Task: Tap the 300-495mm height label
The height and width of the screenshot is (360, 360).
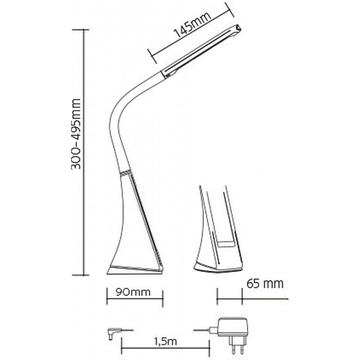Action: tap(76, 134)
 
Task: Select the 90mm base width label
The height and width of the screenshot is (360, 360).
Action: tap(133, 292)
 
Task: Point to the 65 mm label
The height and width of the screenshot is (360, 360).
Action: tap(265, 283)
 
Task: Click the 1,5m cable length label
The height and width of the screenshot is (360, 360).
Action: tap(165, 342)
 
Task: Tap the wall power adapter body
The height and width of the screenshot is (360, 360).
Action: tap(233, 327)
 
